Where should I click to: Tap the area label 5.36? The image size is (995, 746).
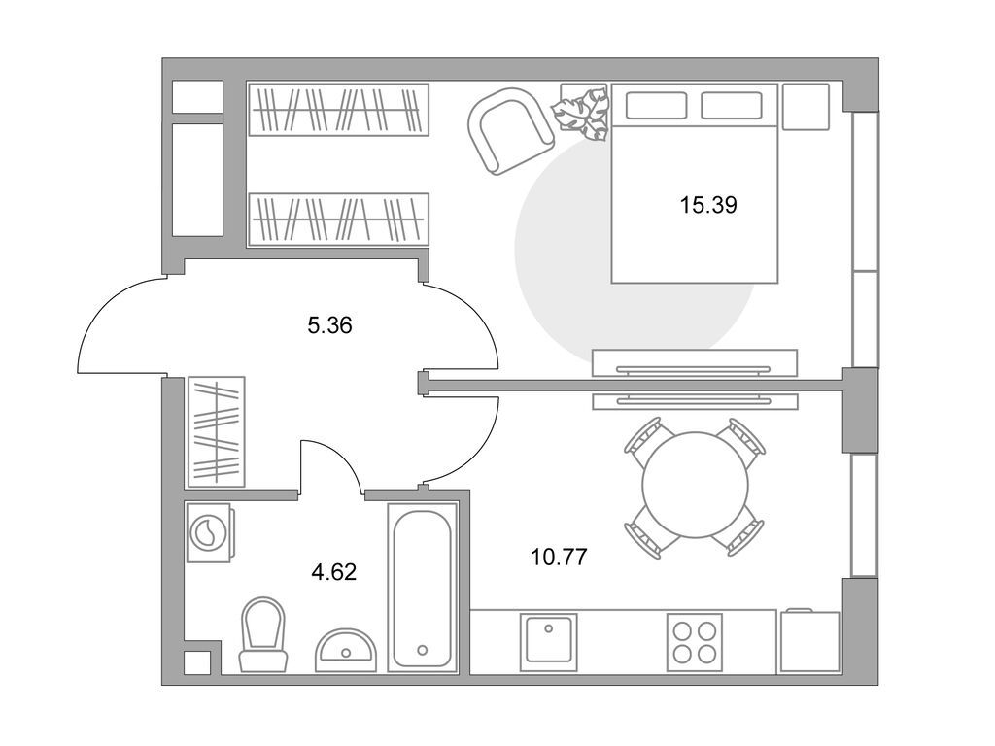pyautogui.click(x=328, y=326)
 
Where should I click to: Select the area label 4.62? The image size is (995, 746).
pyautogui.click(x=333, y=571)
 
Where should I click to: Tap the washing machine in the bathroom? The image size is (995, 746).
pyautogui.click(x=208, y=532)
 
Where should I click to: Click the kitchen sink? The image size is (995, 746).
pyautogui.click(x=548, y=642)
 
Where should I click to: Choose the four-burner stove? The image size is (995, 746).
pyautogui.click(x=694, y=642)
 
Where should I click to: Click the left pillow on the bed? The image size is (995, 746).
pyautogui.click(x=656, y=105)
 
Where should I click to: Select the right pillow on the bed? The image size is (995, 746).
pyautogui.click(x=732, y=105)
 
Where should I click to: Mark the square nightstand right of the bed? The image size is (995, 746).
pyautogui.click(x=805, y=107)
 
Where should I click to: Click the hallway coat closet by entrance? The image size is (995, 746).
pyautogui.click(x=216, y=430)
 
